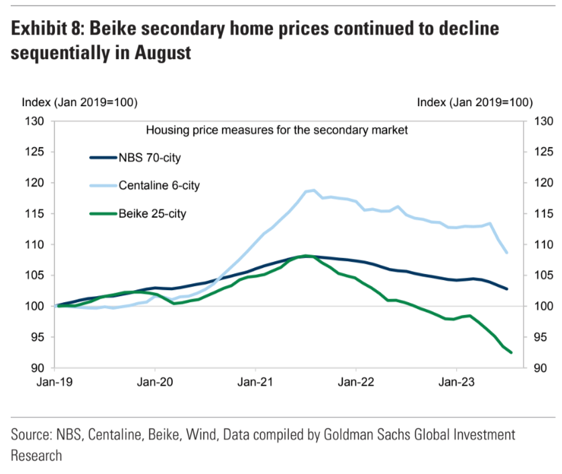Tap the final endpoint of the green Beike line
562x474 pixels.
[511, 352]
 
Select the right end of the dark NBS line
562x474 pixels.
[507, 289]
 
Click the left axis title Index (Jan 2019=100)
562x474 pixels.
[80, 103]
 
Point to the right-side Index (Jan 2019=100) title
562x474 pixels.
[474, 103]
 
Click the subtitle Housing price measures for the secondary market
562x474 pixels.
[277, 130]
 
